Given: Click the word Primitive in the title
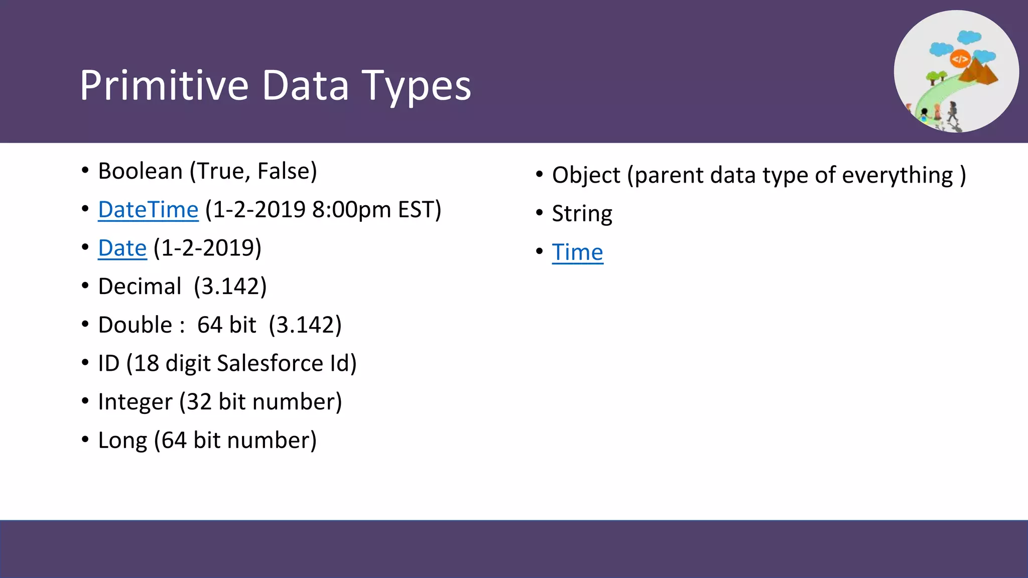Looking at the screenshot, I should pos(164,85).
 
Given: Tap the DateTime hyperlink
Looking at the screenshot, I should pos(148,210).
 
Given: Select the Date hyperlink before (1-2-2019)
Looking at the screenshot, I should pos(122,248).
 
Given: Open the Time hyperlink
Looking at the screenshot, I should pos(577,252).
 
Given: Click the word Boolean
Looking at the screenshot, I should pos(140,171).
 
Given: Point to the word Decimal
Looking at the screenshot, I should pos(140,286).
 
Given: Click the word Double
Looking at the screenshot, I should pos(135,325).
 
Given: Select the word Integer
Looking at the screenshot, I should pos(135,402).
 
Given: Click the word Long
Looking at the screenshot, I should pos(122,441).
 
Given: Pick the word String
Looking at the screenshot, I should pos(582,214).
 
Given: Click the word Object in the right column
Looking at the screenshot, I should pos(586,175).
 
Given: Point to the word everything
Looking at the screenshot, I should pos(897,175).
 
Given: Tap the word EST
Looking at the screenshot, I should pos(416,210).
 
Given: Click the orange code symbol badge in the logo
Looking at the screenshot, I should pos(960,59).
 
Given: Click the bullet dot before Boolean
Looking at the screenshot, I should pos(85,171).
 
